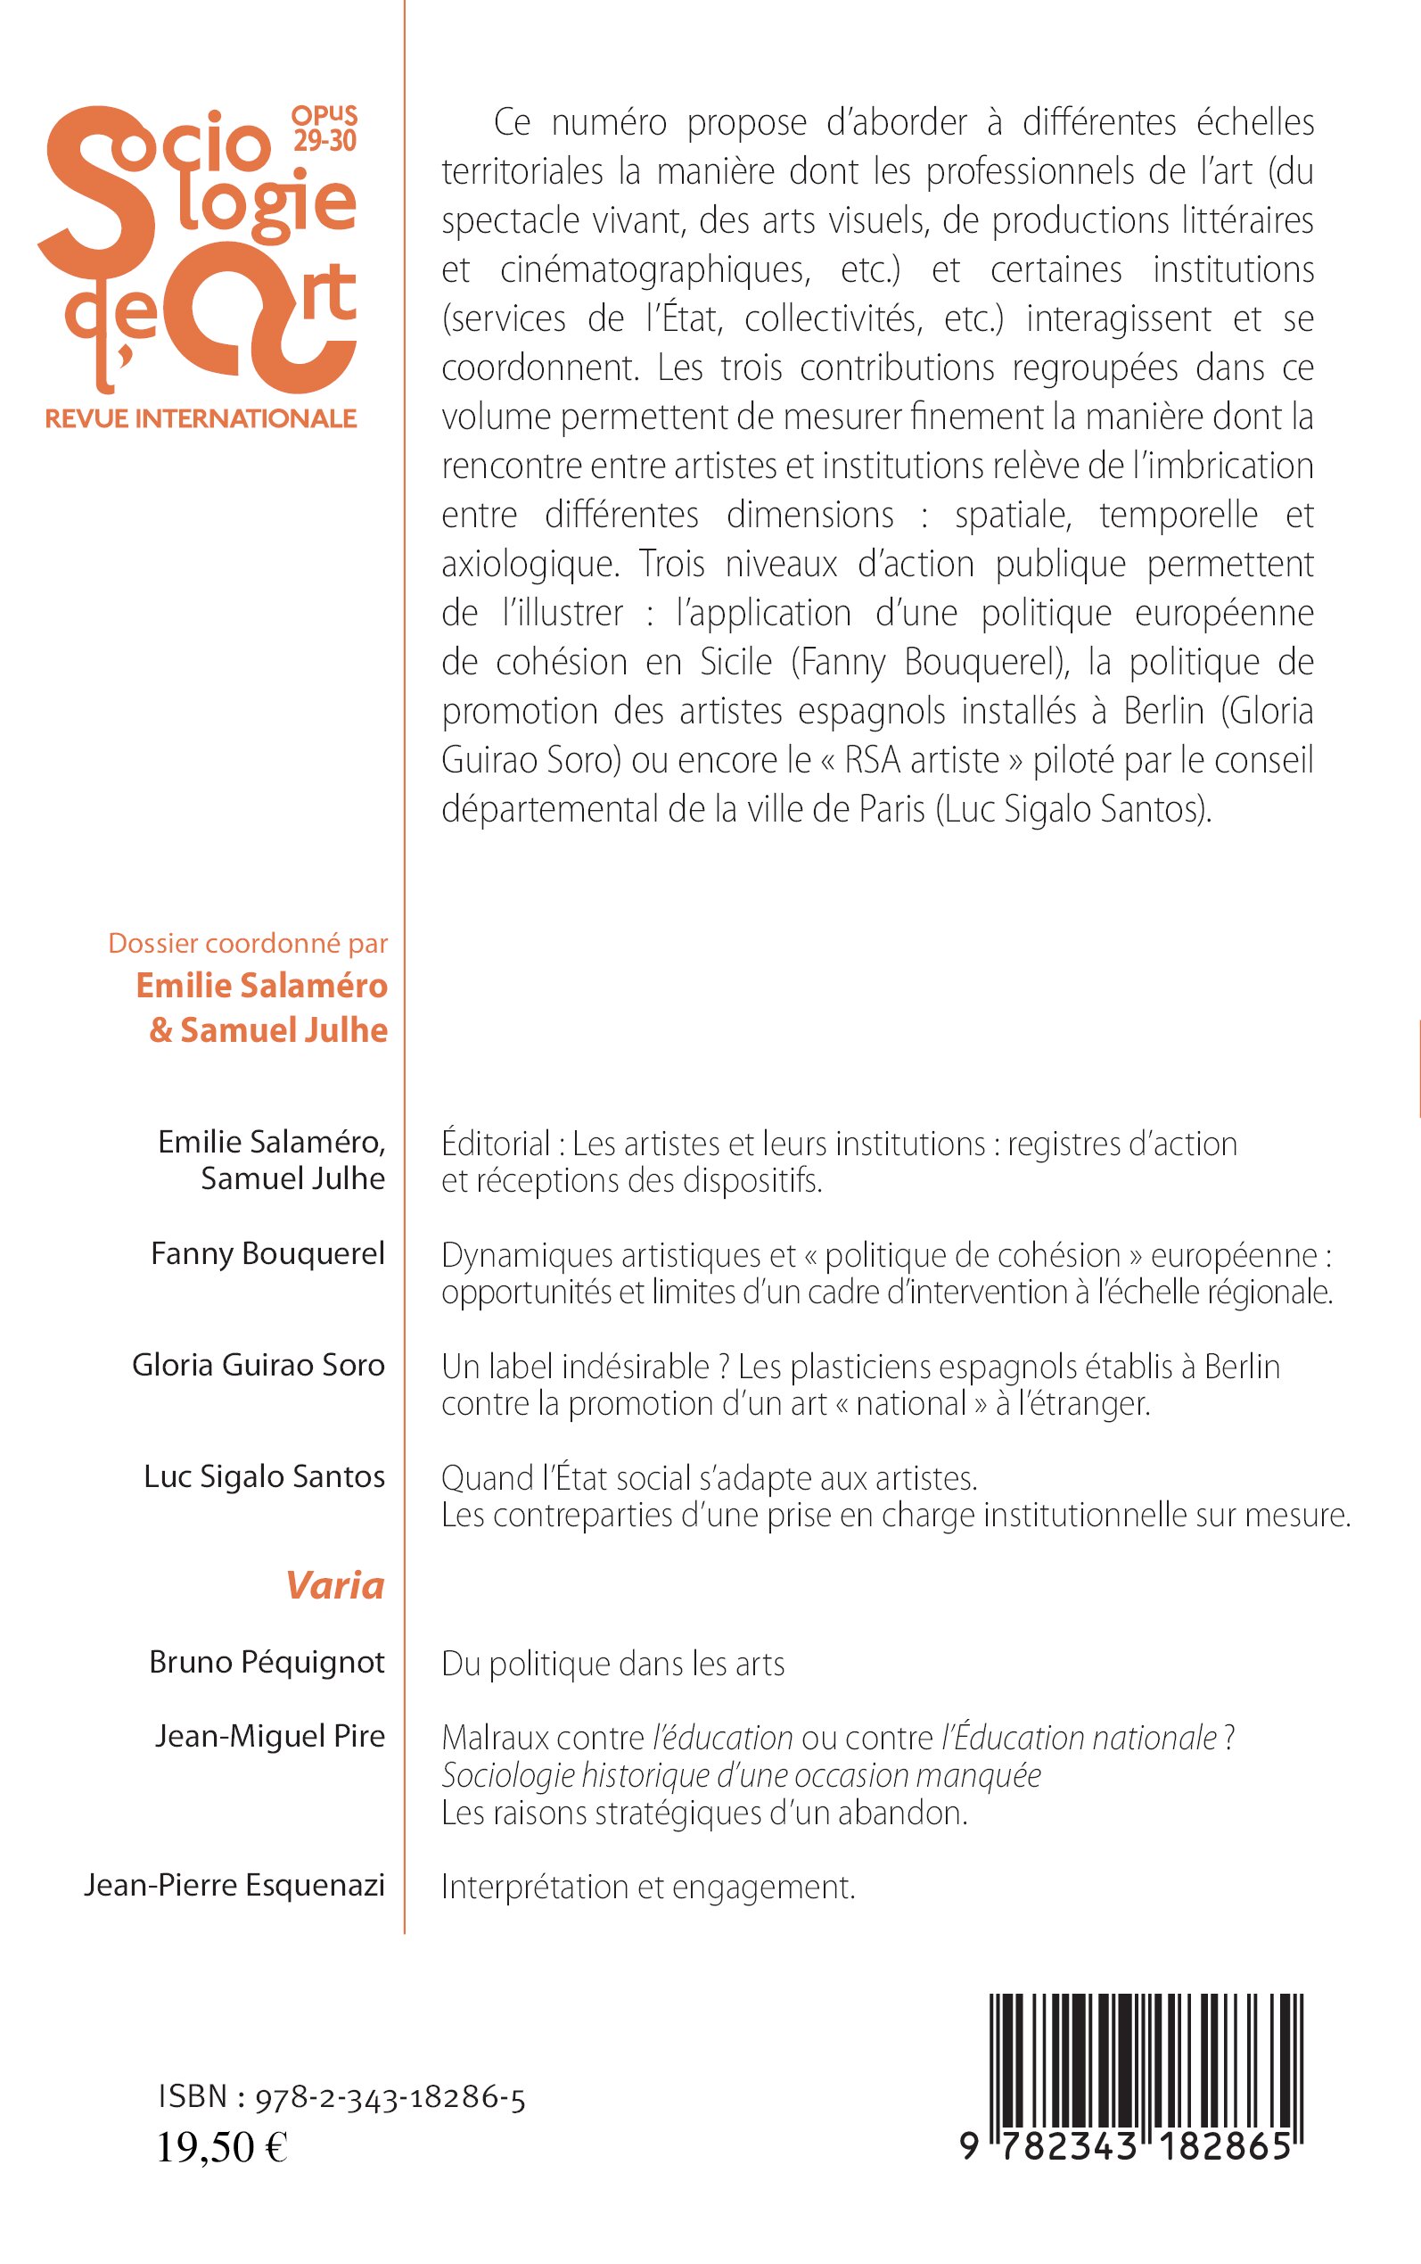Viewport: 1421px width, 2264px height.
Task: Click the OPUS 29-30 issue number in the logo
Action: [x=324, y=128]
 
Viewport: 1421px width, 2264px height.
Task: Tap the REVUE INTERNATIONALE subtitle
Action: [x=201, y=418]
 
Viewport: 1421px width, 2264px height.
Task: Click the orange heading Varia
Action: [x=334, y=1585]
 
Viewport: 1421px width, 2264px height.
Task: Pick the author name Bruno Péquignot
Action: [x=267, y=1662]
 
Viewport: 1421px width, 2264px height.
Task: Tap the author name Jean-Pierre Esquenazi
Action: [x=234, y=1885]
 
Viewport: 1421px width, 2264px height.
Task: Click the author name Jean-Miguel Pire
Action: [x=270, y=1736]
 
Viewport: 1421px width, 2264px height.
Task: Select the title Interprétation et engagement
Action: [x=648, y=1887]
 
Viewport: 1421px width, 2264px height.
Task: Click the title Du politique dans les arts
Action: [x=612, y=1665]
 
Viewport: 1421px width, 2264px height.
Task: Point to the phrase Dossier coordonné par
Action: [x=248, y=943]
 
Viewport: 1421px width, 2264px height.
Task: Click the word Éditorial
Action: [x=497, y=1144]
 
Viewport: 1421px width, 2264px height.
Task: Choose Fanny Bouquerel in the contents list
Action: [x=267, y=1253]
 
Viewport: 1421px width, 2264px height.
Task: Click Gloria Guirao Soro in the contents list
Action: [x=259, y=1365]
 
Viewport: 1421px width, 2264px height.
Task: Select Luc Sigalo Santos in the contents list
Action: [x=264, y=1477]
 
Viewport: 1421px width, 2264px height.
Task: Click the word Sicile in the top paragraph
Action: [x=735, y=662]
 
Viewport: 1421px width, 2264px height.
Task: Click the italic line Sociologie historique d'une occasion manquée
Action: [x=742, y=1775]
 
